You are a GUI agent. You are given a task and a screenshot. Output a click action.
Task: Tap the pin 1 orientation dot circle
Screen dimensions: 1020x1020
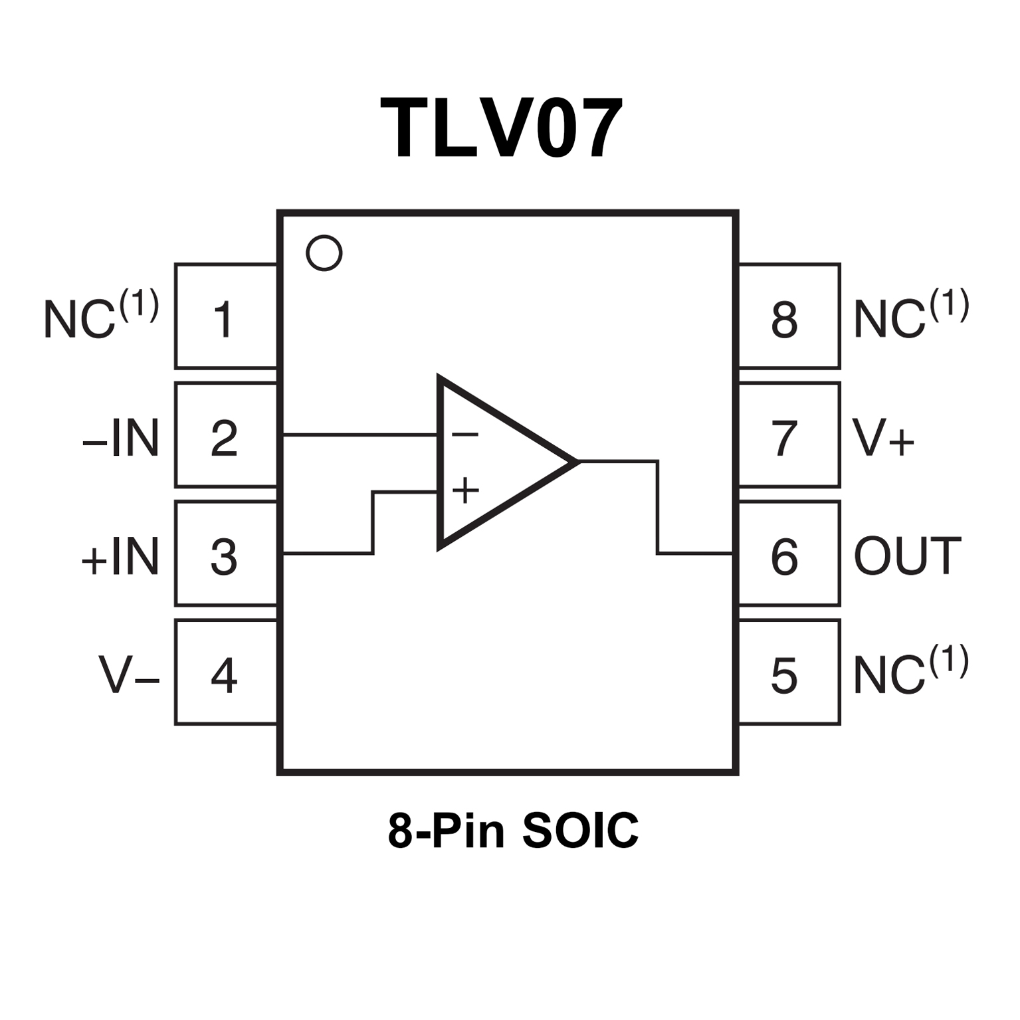(324, 253)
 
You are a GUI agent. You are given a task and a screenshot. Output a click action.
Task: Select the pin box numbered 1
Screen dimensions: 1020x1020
(225, 316)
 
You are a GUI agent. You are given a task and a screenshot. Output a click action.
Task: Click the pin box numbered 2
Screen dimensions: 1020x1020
(225, 435)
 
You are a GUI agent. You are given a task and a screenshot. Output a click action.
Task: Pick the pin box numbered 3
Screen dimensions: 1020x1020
(225, 554)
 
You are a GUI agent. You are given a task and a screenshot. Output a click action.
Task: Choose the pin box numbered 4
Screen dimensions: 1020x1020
(225, 672)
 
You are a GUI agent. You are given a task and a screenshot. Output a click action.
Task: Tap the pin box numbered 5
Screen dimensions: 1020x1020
(788, 672)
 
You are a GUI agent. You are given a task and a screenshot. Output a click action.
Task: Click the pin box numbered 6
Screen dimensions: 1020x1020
(788, 554)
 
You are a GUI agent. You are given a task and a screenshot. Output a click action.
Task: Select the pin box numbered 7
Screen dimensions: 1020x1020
(788, 435)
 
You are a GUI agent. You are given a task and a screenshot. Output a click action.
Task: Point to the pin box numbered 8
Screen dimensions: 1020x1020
(788, 316)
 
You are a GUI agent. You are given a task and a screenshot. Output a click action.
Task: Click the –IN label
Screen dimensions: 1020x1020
(121, 438)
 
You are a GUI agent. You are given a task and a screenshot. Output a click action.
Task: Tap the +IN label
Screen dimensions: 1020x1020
(120, 557)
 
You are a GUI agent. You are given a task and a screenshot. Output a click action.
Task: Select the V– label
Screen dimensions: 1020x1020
(129, 675)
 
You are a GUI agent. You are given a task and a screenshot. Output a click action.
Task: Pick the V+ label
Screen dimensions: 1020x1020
(883, 438)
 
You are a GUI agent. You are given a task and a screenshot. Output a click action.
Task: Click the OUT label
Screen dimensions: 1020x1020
(907, 557)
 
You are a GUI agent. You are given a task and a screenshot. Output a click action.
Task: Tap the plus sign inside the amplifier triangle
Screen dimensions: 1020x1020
(465, 491)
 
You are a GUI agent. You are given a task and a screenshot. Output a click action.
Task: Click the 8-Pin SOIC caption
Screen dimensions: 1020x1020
(512, 830)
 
